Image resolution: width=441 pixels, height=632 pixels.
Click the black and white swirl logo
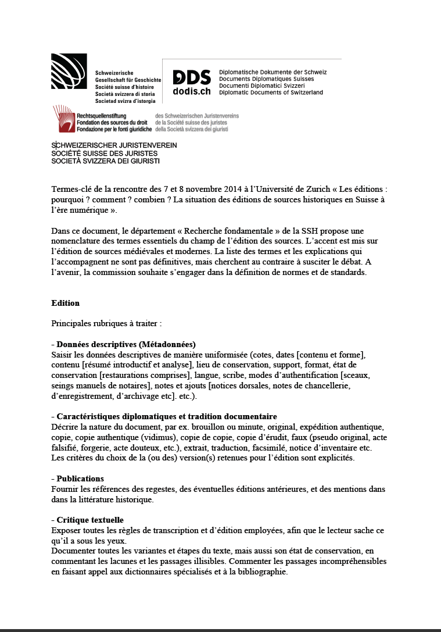(69, 71)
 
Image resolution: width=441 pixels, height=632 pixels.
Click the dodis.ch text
(192, 91)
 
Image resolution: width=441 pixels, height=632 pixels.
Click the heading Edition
(65, 303)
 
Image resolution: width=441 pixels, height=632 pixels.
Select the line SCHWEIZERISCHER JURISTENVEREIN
(114, 145)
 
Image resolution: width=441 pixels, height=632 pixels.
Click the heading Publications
(80, 479)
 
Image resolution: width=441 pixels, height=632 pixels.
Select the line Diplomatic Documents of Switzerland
(271, 92)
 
